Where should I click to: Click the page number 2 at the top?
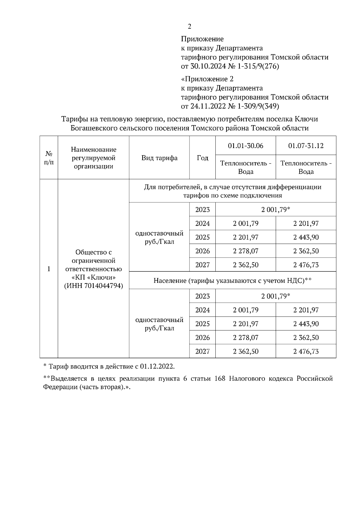click(189, 27)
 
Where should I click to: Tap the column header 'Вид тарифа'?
click(159, 158)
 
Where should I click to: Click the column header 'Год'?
click(202, 158)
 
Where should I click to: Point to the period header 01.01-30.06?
click(246, 146)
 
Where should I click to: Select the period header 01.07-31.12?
click(306, 146)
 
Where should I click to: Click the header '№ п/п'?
click(49, 158)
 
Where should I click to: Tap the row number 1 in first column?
click(49, 269)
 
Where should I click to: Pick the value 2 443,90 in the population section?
click(306, 324)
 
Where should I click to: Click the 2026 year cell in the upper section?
click(202, 251)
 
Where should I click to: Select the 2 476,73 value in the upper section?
click(306, 265)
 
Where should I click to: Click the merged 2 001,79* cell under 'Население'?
click(276, 296)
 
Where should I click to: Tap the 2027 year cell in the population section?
click(202, 351)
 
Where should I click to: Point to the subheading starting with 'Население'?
click(232, 281)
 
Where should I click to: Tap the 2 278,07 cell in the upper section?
click(246, 251)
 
